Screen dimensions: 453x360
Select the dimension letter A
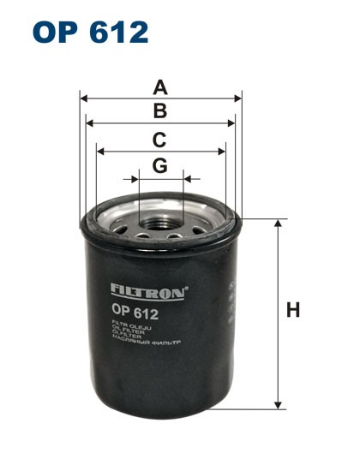coord(159,87)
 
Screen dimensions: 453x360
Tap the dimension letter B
coord(159,110)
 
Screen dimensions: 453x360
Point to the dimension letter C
coord(159,140)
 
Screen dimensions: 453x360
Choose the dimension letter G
coord(159,166)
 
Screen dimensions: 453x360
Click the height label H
coord(293,311)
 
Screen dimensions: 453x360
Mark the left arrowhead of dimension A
coord(83,98)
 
